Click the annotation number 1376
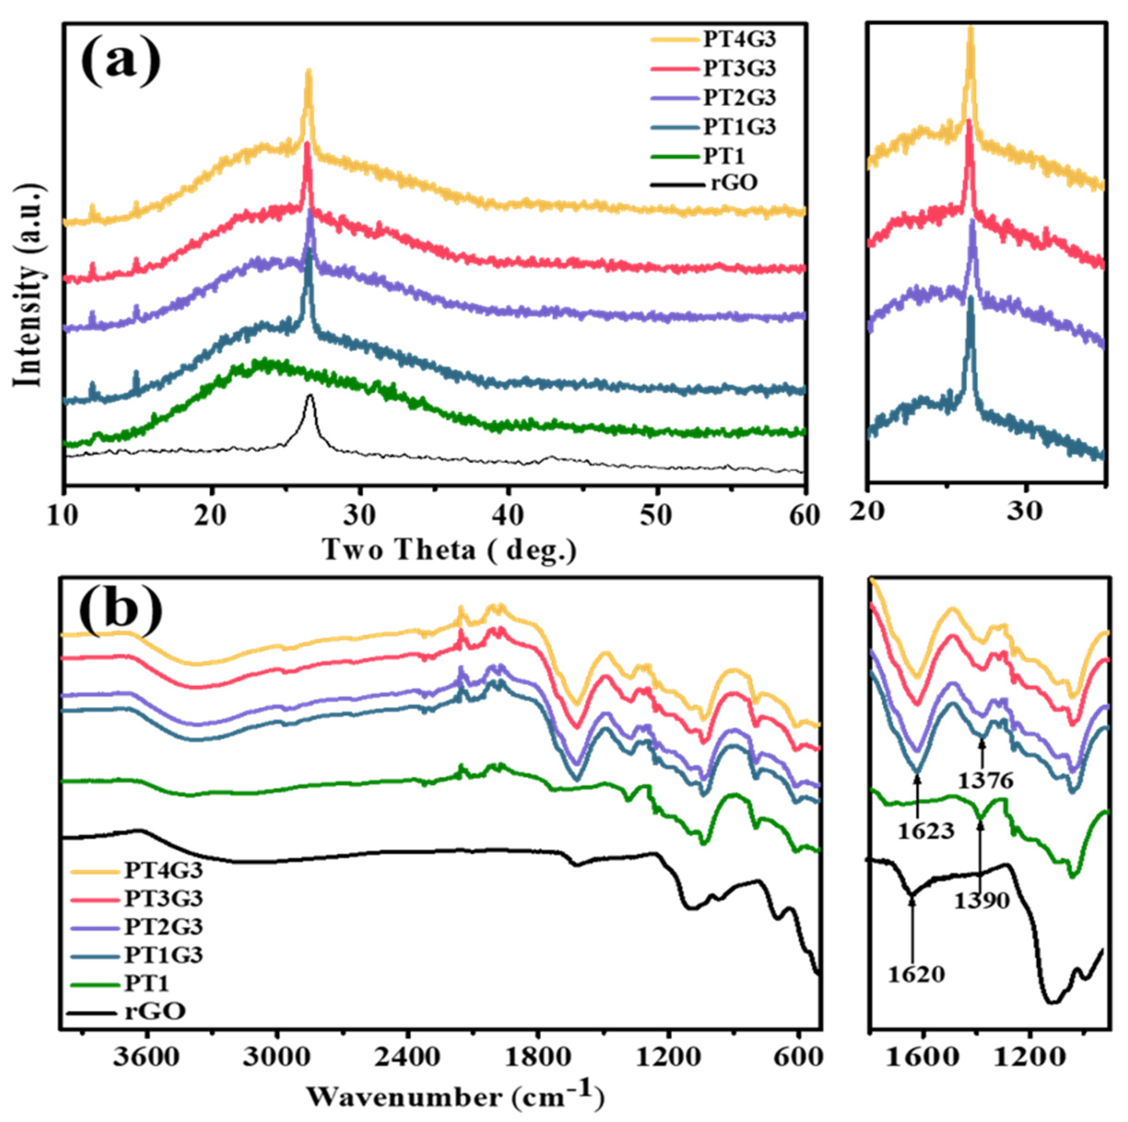click(x=986, y=780)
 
